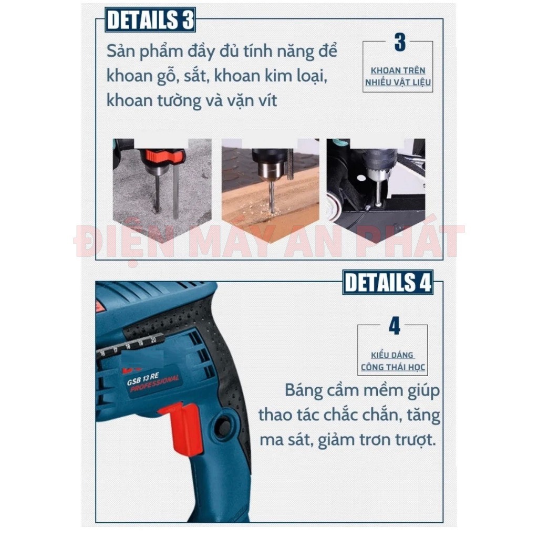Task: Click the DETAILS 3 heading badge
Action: click(x=150, y=19)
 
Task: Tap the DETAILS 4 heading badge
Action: click(x=388, y=282)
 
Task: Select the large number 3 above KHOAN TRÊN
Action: click(x=400, y=43)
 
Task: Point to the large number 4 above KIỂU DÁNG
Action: click(x=395, y=326)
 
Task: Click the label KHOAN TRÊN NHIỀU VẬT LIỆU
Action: click(x=398, y=76)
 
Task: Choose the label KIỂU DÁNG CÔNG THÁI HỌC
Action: click(x=393, y=361)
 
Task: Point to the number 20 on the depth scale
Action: click(x=153, y=340)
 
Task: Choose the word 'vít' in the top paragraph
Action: click(x=268, y=100)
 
